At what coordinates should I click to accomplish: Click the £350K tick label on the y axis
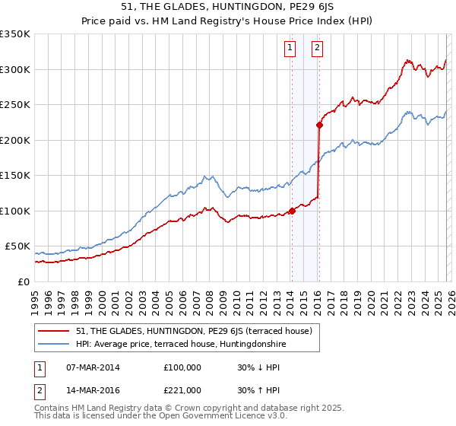pos(15,34)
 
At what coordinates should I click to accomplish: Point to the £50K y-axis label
pos(17,246)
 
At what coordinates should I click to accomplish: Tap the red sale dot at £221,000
pos(319,126)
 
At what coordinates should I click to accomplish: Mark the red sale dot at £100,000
pos(292,211)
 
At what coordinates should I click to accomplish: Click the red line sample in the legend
pos(54,330)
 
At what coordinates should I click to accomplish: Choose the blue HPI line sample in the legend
pos(54,343)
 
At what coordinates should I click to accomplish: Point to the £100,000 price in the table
pos(182,367)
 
